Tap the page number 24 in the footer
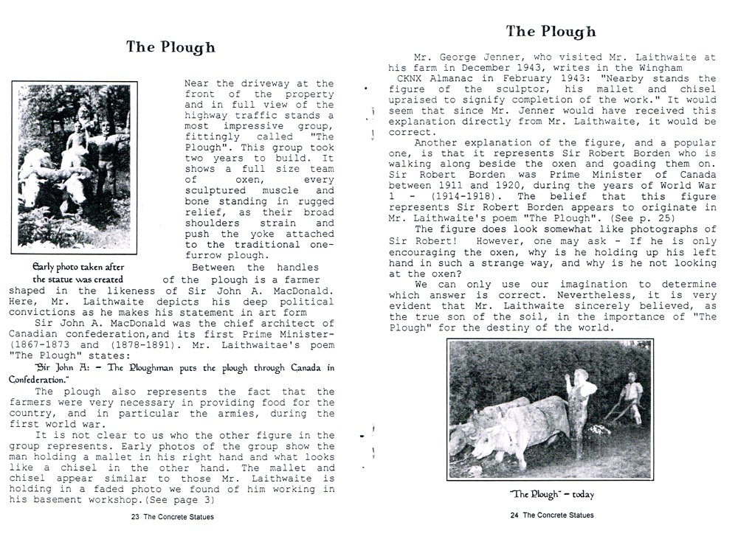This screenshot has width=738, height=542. click(514, 515)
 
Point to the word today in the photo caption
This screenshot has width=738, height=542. click(579, 495)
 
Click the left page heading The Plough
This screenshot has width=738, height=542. click(170, 47)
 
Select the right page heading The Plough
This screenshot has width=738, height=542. click(551, 32)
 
